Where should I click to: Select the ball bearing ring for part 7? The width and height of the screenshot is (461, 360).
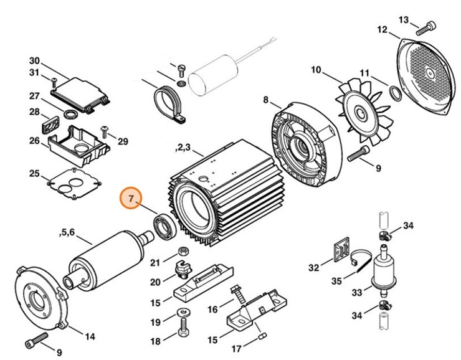tap(166, 226)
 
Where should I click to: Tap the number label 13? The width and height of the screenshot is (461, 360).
tap(404, 20)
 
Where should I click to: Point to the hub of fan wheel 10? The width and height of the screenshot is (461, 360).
tap(361, 115)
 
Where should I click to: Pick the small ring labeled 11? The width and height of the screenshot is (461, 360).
tap(394, 94)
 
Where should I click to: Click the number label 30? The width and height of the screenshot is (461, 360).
tap(34, 61)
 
